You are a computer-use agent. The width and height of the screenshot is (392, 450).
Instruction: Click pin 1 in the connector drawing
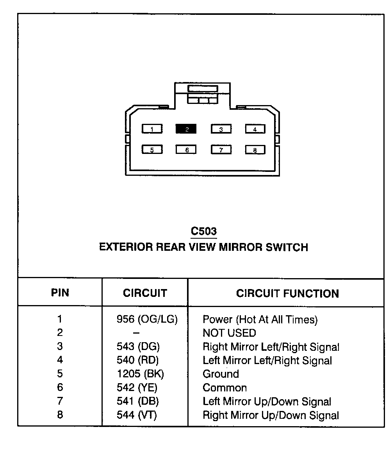tap(152, 129)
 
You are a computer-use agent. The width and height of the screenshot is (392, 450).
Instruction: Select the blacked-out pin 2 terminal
tap(186, 129)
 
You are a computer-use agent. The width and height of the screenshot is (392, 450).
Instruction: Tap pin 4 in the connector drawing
tap(255, 129)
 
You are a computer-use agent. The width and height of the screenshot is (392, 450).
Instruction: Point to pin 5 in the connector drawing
tap(152, 150)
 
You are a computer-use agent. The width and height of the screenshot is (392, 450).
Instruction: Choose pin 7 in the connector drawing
tap(221, 150)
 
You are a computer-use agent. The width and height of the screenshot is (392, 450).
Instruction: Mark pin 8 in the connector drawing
tap(255, 150)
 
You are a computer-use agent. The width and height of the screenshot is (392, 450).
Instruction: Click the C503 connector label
tap(203, 231)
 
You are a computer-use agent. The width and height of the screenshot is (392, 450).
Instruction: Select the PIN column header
tap(60, 293)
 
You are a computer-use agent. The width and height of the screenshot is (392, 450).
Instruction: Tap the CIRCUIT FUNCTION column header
tap(287, 294)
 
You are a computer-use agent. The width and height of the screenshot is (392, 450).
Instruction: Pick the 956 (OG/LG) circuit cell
tap(147, 320)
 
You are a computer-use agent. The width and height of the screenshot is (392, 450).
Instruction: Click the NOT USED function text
tap(229, 333)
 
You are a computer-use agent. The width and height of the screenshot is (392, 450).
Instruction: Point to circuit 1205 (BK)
tap(141, 374)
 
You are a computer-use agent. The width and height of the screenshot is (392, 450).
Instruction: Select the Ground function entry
tap(221, 374)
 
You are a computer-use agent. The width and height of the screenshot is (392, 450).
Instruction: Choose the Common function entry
tap(225, 388)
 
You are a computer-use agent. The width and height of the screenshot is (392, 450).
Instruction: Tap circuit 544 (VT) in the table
tap(137, 415)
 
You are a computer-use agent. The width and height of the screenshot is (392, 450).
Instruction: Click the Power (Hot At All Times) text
tap(260, 320)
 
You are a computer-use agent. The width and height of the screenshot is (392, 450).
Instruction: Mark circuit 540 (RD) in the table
tap(138, 360)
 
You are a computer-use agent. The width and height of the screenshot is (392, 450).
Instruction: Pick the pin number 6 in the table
tap(60, 387)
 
